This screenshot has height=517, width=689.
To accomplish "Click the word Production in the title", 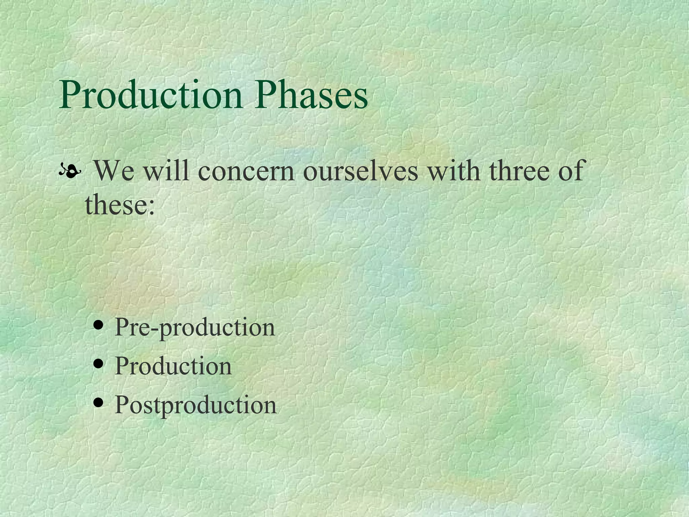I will [x=150, y=95].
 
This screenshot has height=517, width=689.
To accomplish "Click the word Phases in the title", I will [x=311, y=95].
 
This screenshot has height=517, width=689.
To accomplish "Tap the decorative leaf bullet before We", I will [x=70, y=172].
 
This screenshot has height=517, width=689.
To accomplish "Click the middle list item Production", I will [x=173, y=366].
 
